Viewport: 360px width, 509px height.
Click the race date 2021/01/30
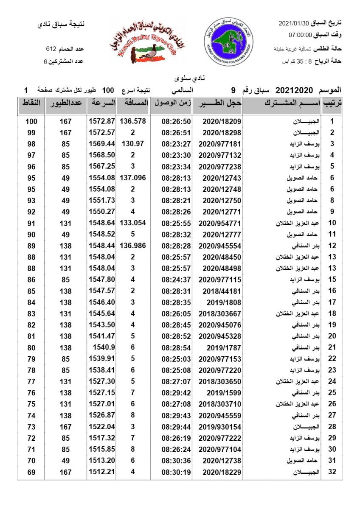293,22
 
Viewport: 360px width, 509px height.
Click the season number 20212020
294,90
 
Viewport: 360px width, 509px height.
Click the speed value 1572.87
102,121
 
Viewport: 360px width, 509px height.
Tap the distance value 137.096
133,178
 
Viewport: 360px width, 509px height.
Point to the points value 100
31,121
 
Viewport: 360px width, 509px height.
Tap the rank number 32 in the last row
332,472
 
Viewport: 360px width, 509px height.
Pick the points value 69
31,472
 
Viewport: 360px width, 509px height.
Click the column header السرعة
101,103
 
